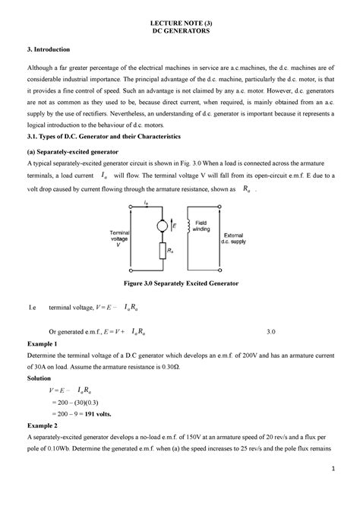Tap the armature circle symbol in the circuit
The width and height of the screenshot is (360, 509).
pyautogui.click(x=160, y=226)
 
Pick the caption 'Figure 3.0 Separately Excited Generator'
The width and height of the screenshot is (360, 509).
pyautogui.click(x=180, y=282)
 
